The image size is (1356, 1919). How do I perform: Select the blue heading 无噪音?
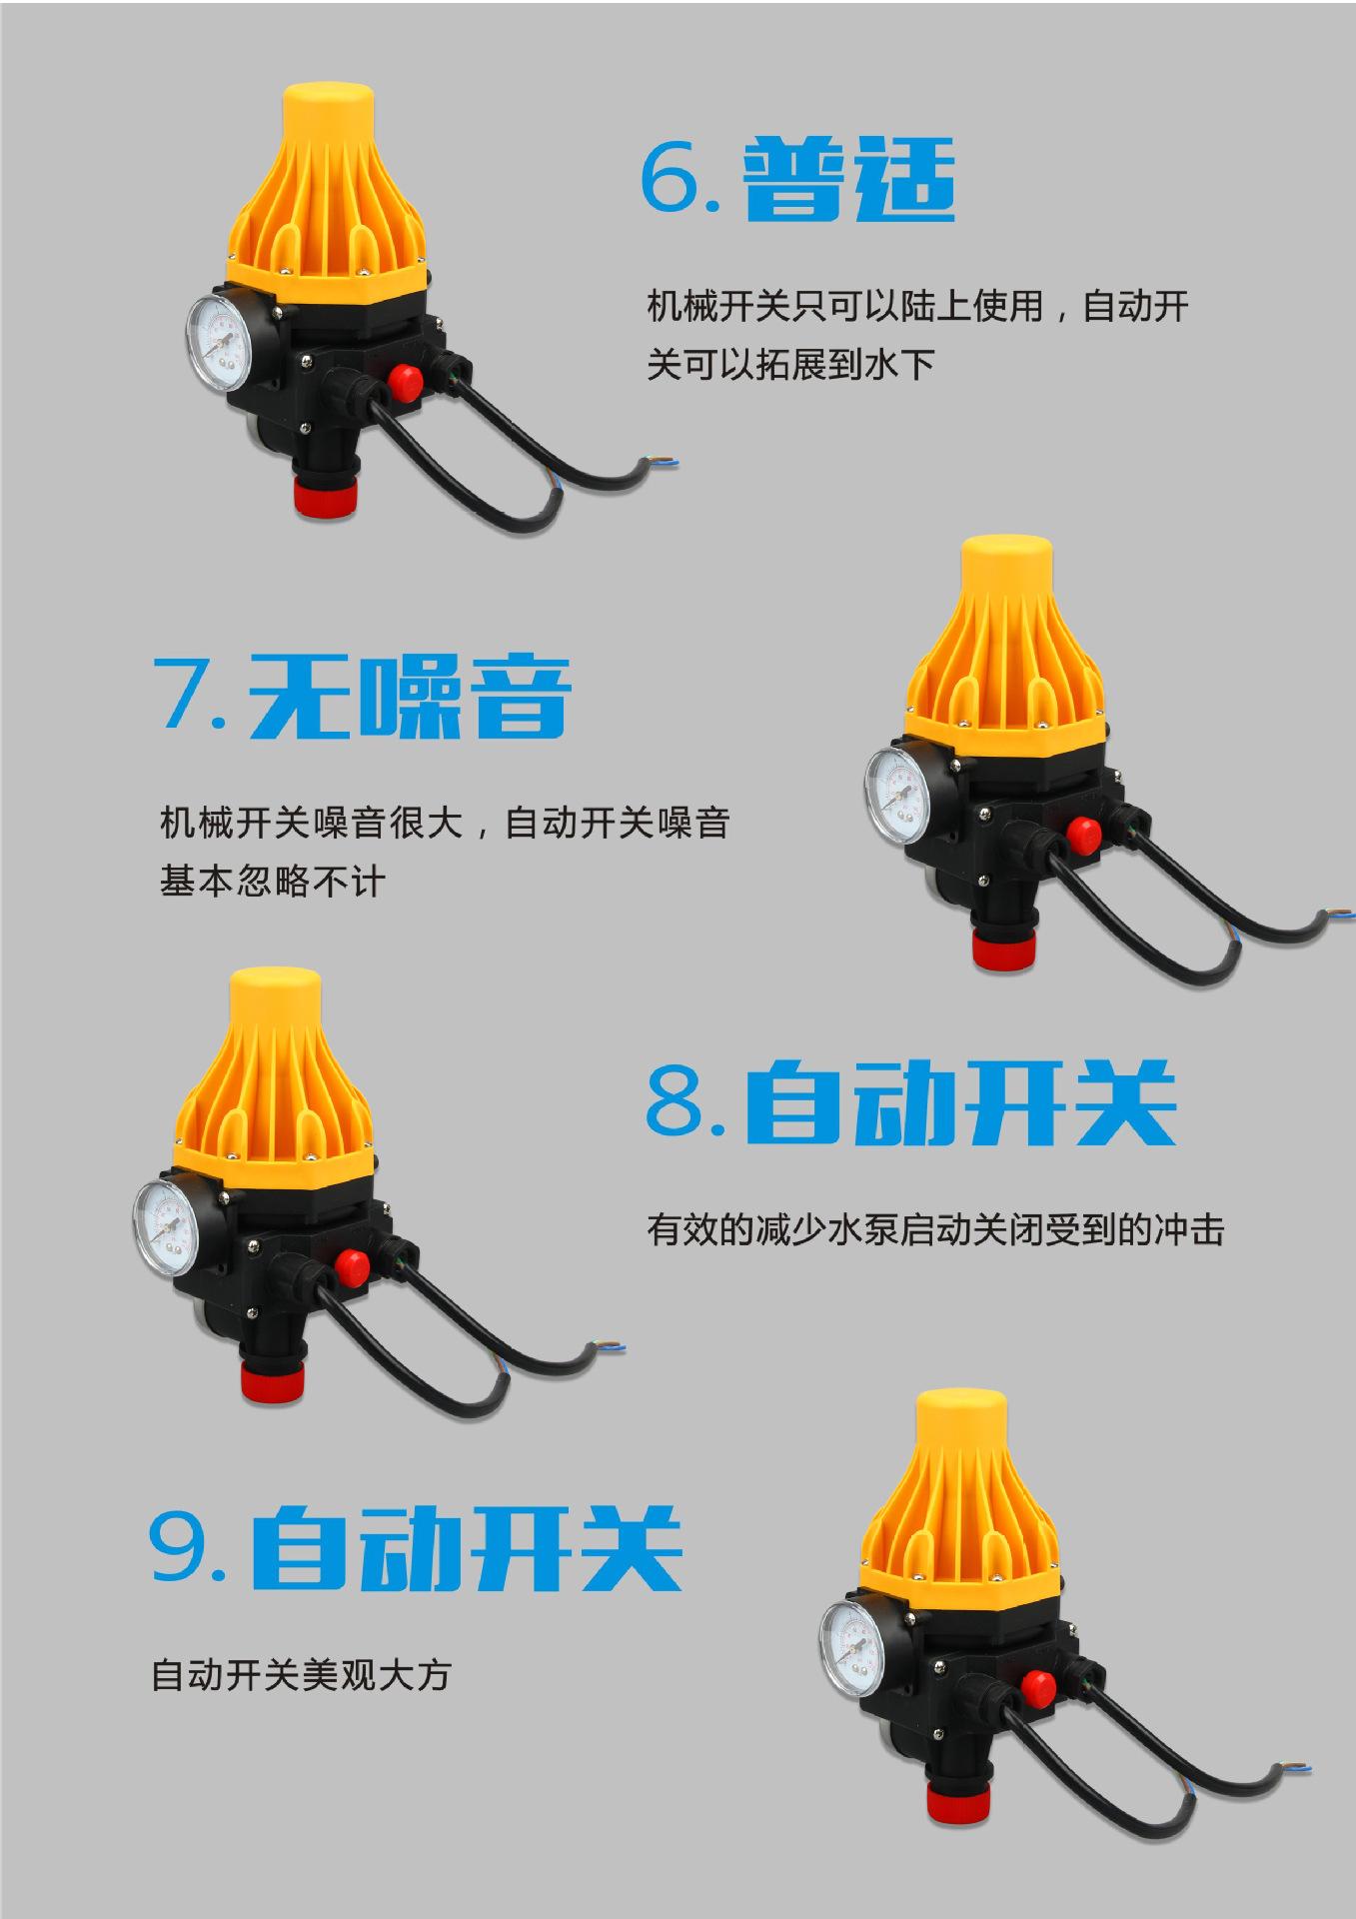(x=410, y=697)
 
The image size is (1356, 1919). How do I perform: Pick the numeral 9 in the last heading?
(x=180, y=1546)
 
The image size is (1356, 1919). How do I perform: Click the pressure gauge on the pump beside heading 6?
(x=221, y=340)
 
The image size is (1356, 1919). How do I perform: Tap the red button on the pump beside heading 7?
(x=1083, y=832)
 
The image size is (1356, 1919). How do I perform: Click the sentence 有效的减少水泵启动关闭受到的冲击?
(x=934, y=1228)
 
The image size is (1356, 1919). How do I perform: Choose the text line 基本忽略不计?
(x=272, y=882)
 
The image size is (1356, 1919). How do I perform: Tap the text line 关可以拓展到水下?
(x=790, y=364)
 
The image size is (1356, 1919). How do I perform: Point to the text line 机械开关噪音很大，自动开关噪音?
(x=445, y=823)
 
